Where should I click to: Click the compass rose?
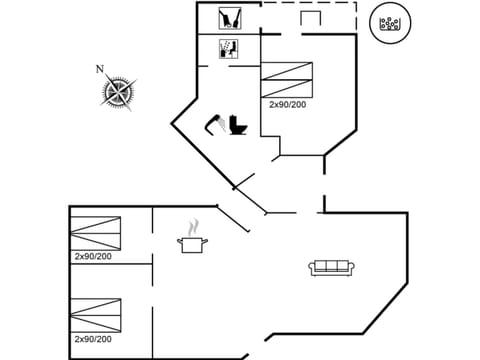(x=118, y=92)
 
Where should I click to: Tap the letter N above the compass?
(x=99, y=69)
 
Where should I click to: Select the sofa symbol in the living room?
(x=331, y=267)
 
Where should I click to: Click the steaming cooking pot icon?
(x=192, y=243)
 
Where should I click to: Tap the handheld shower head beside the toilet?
(x=215, y=123)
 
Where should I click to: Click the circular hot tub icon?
(x=390, y=24)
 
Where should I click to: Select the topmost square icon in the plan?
(x=229, y=18)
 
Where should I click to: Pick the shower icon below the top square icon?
(x=228, y=48)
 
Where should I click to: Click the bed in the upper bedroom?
(x=286, y=79)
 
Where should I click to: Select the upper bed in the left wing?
(x=96, y=233)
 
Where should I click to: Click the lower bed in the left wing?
(x=96, y=315)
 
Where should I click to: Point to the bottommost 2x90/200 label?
(x=93, y=339)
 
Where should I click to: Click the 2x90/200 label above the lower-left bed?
(x=93, y=257)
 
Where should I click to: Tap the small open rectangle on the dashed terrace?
(x=309, y=19)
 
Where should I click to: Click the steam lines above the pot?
(x=195, y=227)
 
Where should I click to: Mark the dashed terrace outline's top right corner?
(x=355, y=3)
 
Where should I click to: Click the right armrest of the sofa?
(x=349, y=267)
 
